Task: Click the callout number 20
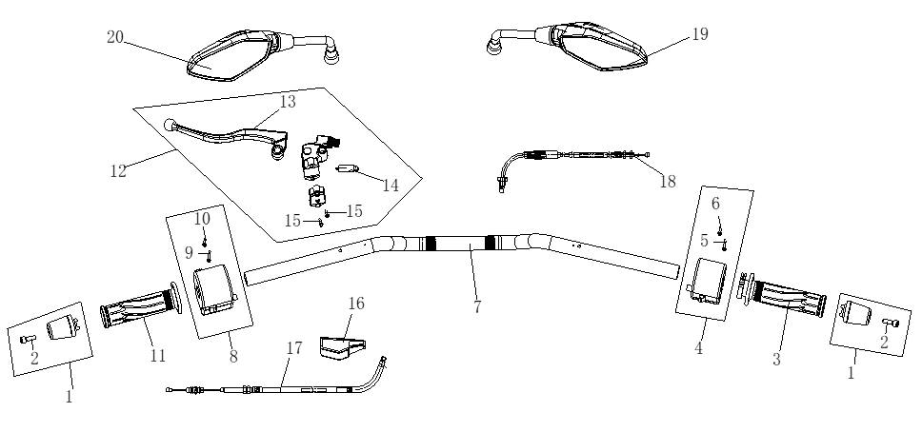(x=114, y=37)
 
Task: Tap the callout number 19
(x=700, y=34)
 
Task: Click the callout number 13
(x=288, y=101)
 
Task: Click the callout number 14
(x=391, y=185)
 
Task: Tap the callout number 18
(x=668, y=181)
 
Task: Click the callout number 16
(x=355, y=303)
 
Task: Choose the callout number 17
(x=294, y=348)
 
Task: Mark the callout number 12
(x=118, y=172)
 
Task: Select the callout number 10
(x=201, y=219)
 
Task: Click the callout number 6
(x=715, y=203)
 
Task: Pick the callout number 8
(x=232, y=356)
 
